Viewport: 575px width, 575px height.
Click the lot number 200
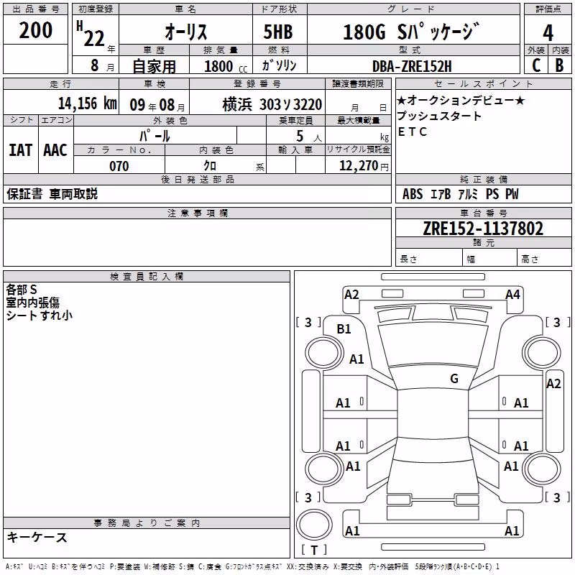pyautogui.click(x=35, y=30)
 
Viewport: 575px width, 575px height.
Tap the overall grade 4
pyautogui.click(x=548, y=32)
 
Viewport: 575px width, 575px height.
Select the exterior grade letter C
pyautogui.click(x=536, y=65)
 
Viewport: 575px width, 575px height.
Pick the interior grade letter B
pyautogui.click(x=559, y=65)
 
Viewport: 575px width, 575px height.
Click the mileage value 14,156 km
pyautogui.click(x=88, y=103)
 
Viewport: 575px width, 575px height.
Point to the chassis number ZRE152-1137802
pyautogui.click(x=483, y=229)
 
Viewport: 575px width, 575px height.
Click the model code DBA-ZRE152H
pyautogui.click(x=412, y=66)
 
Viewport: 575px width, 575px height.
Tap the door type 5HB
pyautogui.click(x=278, y=32)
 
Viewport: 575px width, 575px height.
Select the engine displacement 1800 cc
pyautogui.click(x=226, y=66)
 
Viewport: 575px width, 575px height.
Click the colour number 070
pyautogui.click(x=119, y=166)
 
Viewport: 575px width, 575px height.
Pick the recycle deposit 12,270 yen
pyautogui.click(x=364, y=166)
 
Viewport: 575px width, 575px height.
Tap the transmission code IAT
pyautogui.click(x=21, y=150)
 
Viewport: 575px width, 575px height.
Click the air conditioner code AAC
pyautogui.click(x=55, y=150)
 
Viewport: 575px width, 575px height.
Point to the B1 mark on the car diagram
pyautogui.click(x=344, y=329)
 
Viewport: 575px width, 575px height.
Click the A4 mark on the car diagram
pyautogui.click(x=512, y=295)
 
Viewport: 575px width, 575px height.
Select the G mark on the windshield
pyautogui.click(x=454, y=378)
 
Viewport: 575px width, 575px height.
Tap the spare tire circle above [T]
pyautogui.click(x=314, y=525)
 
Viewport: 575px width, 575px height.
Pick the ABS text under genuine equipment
pyautogui.click(x=413, y=194)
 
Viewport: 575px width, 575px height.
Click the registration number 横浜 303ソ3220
pyautogui.click(x=272, y=105)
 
